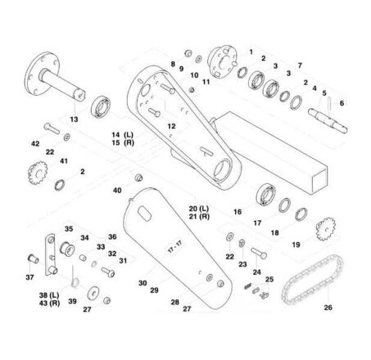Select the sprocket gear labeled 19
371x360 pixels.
(325, 229)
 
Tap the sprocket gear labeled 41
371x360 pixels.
(38, 173)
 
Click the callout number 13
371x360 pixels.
(74, 119)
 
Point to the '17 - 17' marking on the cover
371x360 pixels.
(174, 246)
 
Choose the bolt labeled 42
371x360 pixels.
(52, 128)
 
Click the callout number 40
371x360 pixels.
(117, 190)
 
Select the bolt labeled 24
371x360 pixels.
(259, 253)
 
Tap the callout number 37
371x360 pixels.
(29, 277)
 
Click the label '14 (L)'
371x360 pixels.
(122, 135)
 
